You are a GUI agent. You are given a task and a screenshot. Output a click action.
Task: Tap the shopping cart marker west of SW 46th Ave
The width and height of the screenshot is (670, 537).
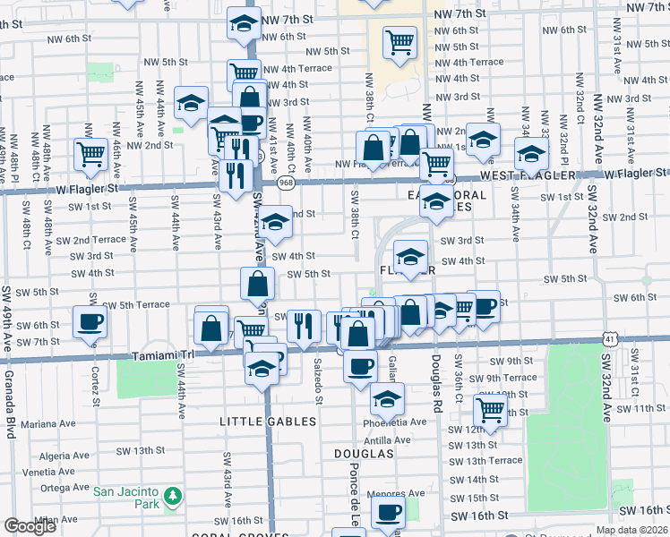pos(91,155)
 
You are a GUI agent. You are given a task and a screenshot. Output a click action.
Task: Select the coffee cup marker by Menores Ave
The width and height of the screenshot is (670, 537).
pos(387,513)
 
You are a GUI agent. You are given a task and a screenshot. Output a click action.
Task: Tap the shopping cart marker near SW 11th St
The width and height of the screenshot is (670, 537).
pos(490,409)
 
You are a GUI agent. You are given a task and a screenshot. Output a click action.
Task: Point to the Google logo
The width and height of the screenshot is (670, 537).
pos(30,526)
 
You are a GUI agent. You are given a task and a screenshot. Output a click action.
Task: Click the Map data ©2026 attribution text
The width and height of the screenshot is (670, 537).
pos(631,530)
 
